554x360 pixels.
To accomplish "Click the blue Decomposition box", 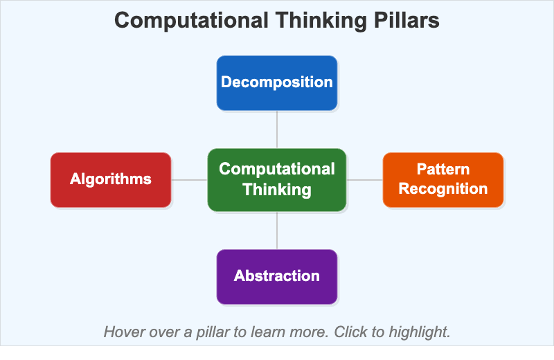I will pos(277,83).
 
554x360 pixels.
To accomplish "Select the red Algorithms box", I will pos(111,179).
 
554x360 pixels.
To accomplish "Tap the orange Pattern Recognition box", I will pos(443,179).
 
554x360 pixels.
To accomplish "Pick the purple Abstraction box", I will pos(277,276).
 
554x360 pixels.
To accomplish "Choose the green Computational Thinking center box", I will pos(277,179).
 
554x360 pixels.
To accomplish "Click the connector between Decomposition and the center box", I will pos(277,129).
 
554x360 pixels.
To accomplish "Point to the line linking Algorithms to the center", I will pos(189,180).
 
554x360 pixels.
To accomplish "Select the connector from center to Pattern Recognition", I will pos(365,180).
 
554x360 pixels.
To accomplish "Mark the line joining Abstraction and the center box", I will pos(277,230).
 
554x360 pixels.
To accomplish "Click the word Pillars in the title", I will pos(404,21).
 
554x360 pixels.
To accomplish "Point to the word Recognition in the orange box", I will pos(443,189).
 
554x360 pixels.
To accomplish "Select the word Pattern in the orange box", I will pos(443,170).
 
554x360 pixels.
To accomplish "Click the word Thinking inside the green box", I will pos(277,190).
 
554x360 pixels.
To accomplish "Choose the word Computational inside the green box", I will pos(277,170).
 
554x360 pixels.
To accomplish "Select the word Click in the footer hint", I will pos(349,332).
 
